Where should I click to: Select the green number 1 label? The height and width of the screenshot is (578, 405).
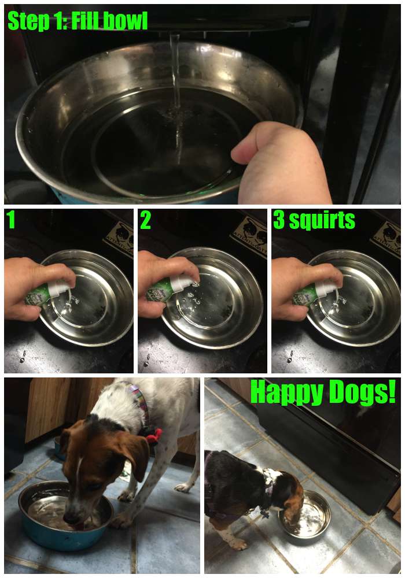coord(10,221)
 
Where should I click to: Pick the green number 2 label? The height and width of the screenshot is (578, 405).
coord(145,221)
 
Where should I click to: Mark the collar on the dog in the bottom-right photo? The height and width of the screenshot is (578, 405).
coord(268,491)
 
